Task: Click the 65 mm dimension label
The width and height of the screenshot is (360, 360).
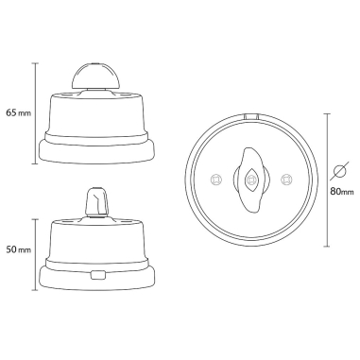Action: pos(16,113)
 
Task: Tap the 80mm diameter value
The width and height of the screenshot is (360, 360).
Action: pos(341,192)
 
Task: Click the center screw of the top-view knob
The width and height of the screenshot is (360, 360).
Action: pos(251,179)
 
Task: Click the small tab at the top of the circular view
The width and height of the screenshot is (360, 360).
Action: pos(251,116)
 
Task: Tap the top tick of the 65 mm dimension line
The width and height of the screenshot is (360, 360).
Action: pos(36,62)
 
